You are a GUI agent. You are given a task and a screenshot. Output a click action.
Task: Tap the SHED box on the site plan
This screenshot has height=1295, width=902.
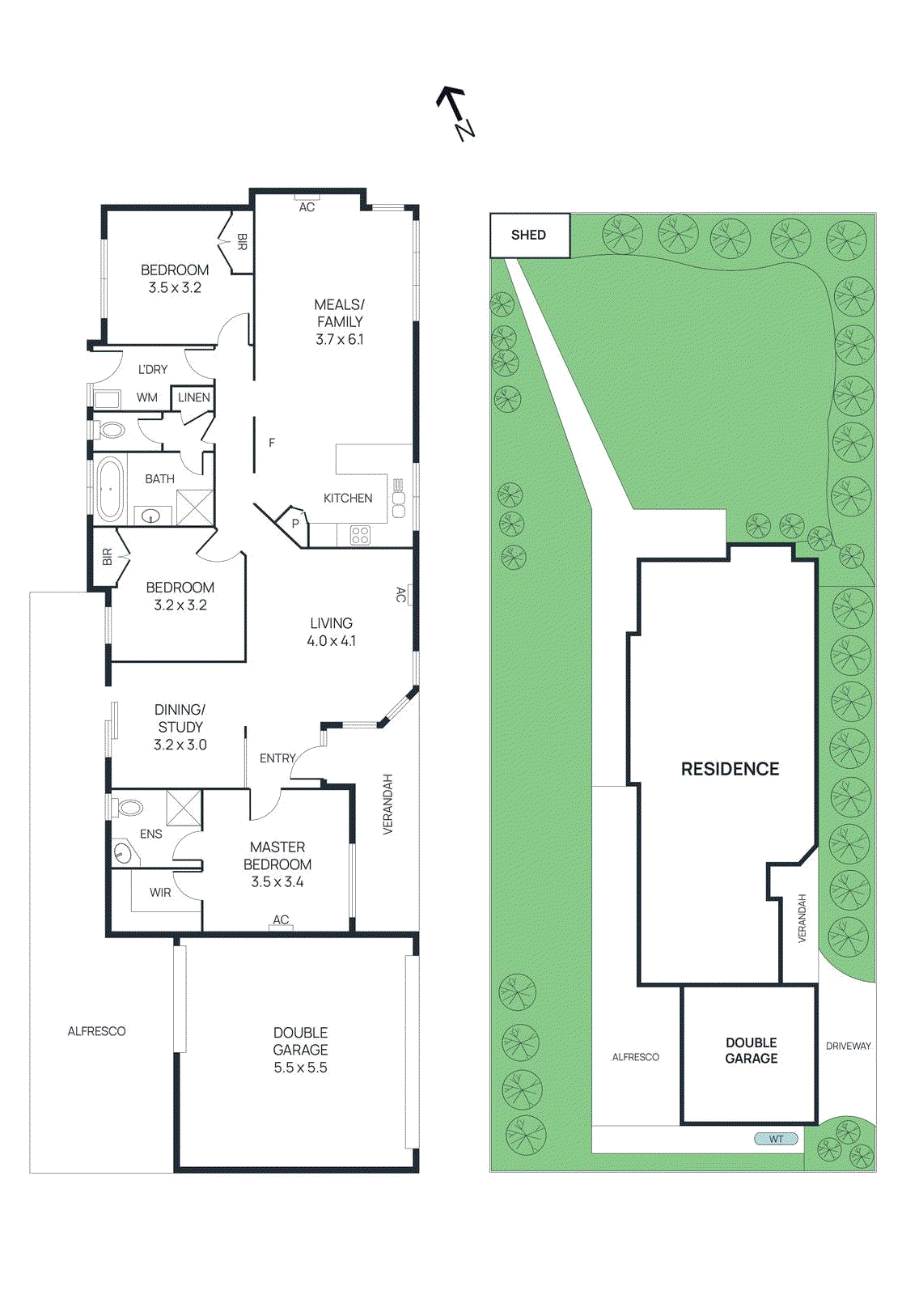(x=529, y=235)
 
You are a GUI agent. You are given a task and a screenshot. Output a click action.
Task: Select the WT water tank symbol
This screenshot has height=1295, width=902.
(x=776, y=1139)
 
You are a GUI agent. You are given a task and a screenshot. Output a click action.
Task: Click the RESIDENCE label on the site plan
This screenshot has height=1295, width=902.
(x=730, y=769)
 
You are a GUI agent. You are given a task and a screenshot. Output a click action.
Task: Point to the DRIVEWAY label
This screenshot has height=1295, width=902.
(x=848, y=1046)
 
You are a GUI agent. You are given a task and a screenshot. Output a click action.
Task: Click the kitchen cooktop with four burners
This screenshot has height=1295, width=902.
(x=360, y=535)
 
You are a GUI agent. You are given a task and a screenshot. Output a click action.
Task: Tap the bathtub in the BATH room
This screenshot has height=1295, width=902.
(x=109, y=489)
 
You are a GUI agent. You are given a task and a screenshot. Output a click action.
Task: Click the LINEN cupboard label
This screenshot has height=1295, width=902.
(x=194, y=397)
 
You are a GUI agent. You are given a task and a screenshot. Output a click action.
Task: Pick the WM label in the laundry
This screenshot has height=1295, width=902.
(x=147, y=397)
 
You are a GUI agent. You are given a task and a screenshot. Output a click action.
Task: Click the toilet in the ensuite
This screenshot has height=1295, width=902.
(x=128, y=807)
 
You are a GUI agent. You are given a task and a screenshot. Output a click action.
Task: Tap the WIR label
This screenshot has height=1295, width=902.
(x=160, y=892)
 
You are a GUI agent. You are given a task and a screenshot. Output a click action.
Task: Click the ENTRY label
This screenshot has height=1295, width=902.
(x=277, y=758)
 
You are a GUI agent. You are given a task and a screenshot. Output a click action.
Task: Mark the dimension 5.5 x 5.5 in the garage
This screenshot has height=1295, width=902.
(x=300, y=1068)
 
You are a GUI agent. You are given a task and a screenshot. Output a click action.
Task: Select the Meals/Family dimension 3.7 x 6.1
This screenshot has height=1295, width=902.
(x=340, y=340)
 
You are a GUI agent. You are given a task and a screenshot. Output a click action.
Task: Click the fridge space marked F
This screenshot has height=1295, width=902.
(x=272, y=443)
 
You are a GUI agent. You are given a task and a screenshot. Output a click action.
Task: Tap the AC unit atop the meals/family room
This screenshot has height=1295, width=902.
(x=307, y=202)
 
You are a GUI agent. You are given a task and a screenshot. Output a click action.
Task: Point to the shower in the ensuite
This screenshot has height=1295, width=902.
(x=184, y=808)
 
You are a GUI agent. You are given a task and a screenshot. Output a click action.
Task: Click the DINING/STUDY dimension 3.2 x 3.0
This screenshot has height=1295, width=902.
(x=180, y=745)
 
